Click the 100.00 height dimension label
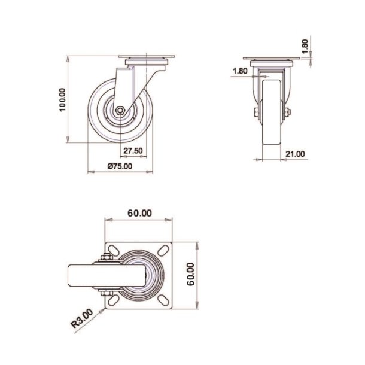62,100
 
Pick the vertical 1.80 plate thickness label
305,47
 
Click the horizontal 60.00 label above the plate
139,212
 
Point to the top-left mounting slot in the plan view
112,250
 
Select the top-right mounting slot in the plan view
165,250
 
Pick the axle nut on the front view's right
287,112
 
